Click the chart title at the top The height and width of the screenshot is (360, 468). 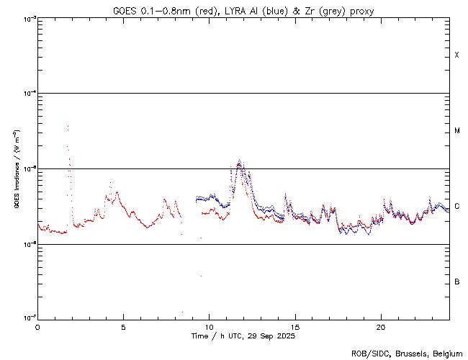pyautogui.click(x=243, y=11)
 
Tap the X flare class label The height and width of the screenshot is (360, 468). pyautogui.click(x=457, y=55)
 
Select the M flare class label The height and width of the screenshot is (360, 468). pyautogui.click(x=457, y=131)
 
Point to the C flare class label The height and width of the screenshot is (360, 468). pyautogui.click(x=457, y=207)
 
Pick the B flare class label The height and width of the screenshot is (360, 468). pyautogui.click(x=457, y=282)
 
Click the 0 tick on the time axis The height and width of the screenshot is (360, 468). pyautogui.click(x=37, y=326)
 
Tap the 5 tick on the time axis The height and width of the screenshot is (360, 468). pyautogui.click(x=123, y=326)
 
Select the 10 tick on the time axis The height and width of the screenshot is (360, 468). pyautogui.click(x=209, y=326)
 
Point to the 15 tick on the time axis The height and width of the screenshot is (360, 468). pyautogui.click(x=294, y=326)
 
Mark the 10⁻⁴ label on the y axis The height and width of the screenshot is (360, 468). pyautogui.click(x=28, y=94)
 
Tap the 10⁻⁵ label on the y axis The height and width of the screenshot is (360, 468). pyautogui.click(x=28, y=169)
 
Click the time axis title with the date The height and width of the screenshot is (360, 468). pyautogui.click(x=243, y=336)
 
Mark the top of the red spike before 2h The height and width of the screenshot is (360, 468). pyautogui.click(x=68, y=127)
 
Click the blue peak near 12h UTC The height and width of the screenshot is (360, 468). pyautogui.click(x=240, y=161)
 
